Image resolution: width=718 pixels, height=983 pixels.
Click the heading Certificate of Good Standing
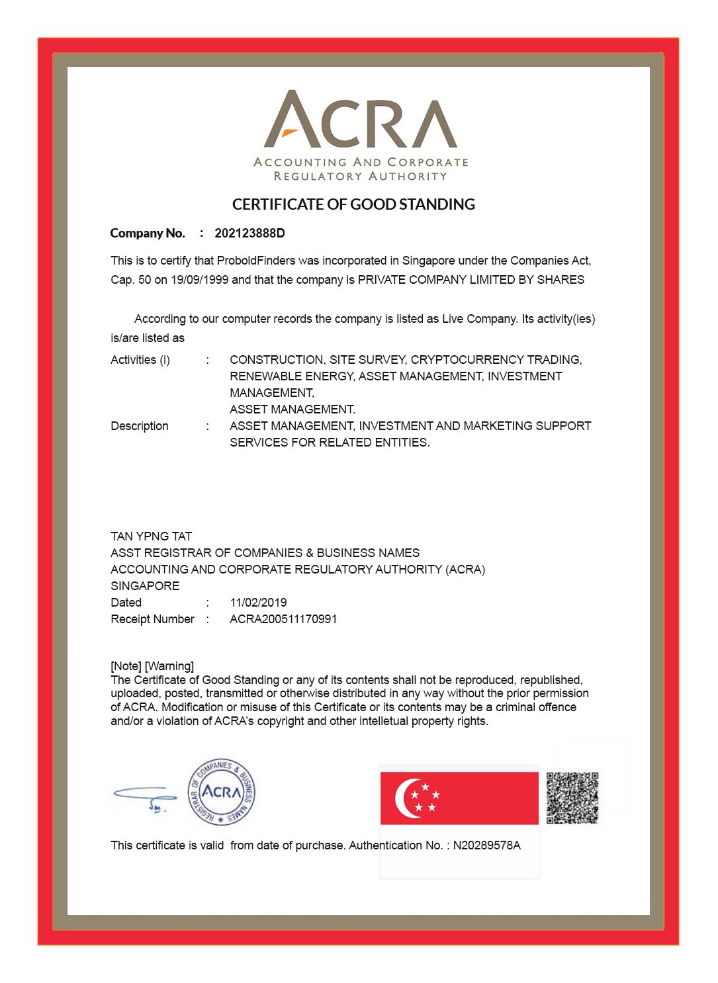click(x=353, y=204)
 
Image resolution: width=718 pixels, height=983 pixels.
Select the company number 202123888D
click(x=249, y=234)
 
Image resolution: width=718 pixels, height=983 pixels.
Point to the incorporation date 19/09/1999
click(x=199, y=280)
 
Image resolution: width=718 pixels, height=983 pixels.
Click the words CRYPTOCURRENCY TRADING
click(x=496, y=360)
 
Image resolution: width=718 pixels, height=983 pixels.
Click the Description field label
click(x=140, y=426)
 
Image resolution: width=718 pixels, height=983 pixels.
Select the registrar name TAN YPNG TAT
click(x=151, y=536)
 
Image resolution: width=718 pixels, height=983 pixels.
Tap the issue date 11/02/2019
click(x=258, y=603)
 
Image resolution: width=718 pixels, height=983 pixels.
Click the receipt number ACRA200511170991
click(x=283, y=619)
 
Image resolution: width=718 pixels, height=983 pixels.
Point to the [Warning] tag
click(x=169, y=666)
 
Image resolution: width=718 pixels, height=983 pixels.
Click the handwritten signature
click(x=145, y=796)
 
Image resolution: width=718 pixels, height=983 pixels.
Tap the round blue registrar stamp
click(x=221, y=792)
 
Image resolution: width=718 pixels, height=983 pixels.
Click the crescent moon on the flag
click(x=405, y=798)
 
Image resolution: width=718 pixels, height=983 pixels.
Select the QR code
click(x=572, y=798)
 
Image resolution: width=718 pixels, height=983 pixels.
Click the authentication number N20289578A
click(x=486, y=845)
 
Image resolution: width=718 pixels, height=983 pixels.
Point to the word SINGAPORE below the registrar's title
click(x=145, y=586)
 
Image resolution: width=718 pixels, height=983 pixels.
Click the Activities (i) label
click(x=140, y=360)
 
